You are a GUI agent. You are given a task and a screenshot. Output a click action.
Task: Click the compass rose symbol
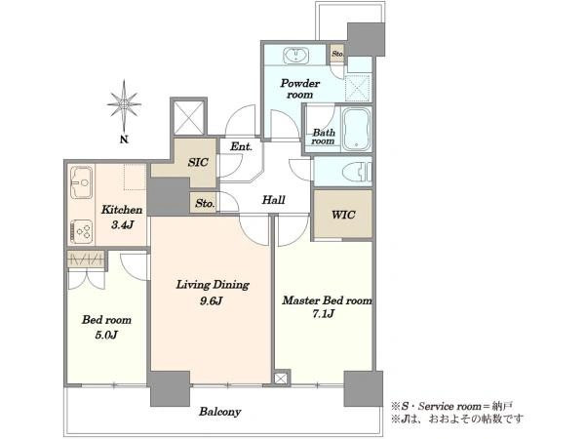124,105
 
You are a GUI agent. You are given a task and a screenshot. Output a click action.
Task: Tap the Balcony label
219,412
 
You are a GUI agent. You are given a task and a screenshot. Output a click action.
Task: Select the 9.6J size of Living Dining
212,300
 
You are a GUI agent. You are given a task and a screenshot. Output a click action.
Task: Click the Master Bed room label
327,300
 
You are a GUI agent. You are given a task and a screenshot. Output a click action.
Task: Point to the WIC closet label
343,215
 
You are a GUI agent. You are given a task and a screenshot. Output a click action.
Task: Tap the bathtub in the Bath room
356,129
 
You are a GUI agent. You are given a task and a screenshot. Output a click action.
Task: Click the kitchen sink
81,182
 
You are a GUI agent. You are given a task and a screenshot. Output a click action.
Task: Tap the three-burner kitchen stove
81,231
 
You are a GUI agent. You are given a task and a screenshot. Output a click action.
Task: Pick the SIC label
198,162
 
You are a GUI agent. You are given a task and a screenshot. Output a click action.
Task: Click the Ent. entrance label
241,146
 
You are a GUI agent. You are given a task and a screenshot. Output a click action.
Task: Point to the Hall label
273,200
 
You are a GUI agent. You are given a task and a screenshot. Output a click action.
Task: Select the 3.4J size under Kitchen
123,224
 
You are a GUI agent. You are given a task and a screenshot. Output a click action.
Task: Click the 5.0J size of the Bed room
106,335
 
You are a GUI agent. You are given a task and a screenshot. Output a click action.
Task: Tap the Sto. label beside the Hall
205,204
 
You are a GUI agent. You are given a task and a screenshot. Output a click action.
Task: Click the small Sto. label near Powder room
337,54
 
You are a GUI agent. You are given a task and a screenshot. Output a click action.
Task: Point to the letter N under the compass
124,140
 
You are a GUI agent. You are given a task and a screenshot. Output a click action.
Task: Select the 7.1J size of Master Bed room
323,314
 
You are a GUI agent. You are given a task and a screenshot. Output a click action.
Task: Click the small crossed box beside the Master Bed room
281,379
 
